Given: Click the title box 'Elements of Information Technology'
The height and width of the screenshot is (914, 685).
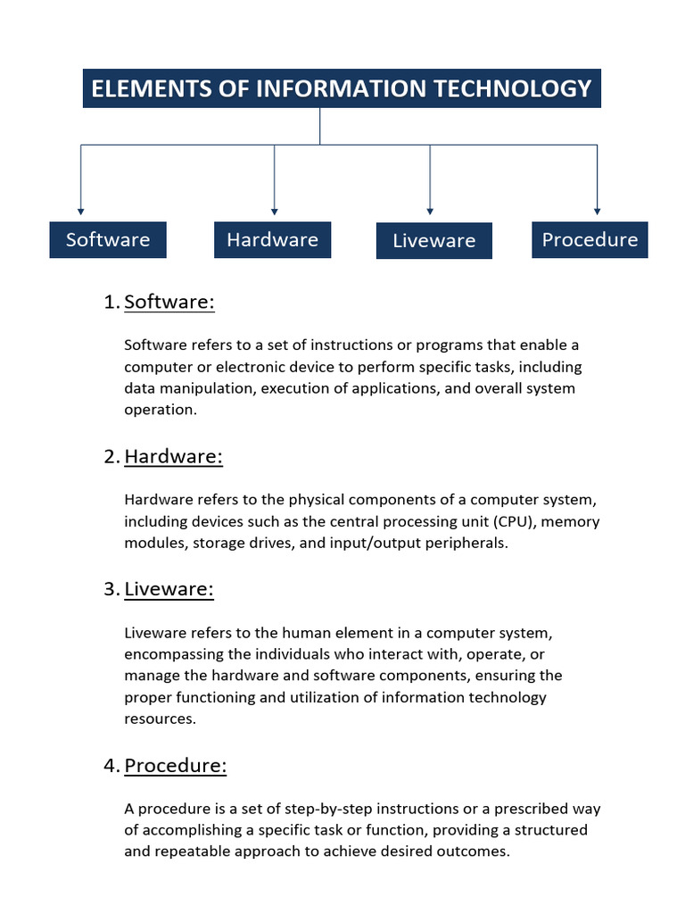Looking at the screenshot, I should click(342, 88).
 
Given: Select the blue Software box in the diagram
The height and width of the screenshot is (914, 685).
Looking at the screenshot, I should click(108, 239).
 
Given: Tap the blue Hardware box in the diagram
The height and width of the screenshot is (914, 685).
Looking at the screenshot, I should click(272, 239).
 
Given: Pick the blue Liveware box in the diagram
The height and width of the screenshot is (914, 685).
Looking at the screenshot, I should click(434, 241).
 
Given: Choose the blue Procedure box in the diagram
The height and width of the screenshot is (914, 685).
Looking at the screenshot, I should click(590, 239).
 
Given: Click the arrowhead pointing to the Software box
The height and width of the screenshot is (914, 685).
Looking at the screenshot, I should click(81, 212).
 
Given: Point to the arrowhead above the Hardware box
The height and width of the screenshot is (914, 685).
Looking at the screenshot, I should click(274, 212).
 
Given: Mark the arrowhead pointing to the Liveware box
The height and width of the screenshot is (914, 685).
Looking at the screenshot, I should click(430, 212).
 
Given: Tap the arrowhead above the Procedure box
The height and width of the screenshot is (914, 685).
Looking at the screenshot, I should click(597, 212).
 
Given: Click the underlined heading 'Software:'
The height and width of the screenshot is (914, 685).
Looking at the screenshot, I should click(169, 302).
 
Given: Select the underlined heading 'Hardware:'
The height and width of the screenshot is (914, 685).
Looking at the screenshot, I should click(173, 456).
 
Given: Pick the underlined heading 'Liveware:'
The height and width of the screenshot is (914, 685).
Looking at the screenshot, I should click(169, 589).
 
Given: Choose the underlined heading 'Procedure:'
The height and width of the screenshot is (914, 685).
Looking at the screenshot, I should click(176, 766).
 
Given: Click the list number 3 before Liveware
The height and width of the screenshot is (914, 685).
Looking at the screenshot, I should click(110, 589).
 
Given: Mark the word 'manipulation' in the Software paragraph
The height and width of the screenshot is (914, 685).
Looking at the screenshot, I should click(202, 388).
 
